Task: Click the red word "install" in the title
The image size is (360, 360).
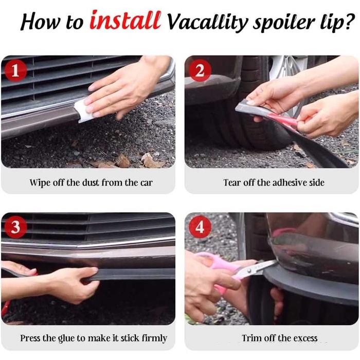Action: pos(125,20)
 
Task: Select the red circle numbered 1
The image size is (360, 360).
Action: pos(15,70)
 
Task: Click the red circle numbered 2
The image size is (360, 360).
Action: pos(200,70)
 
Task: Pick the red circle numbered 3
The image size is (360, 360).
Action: pos(15,227)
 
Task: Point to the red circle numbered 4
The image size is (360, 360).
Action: pos(200,227)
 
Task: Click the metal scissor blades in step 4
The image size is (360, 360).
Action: pos(257,268)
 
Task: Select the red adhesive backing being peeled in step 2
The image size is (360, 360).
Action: pos(285,120)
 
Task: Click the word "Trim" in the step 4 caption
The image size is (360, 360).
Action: pos(251,338)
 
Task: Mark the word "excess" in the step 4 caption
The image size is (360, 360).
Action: pos(305,338)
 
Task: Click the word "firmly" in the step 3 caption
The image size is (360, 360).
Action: pos(154,338)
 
